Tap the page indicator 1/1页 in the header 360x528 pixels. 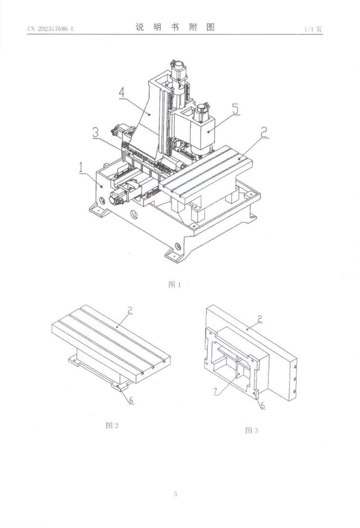pos(312,29)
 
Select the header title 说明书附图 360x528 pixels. pos(175,27)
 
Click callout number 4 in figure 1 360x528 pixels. pos(121,92)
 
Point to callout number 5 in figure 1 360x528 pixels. pos(235,109)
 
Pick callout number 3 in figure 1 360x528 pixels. pos(95,133)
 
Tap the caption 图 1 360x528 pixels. pos(174,285)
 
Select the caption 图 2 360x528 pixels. pos(112,425)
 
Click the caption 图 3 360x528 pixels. pos(251,430)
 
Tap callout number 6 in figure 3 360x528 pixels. pos(262,404)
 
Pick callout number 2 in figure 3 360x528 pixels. pos(260,318)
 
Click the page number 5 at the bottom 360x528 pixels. pos(175,495)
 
